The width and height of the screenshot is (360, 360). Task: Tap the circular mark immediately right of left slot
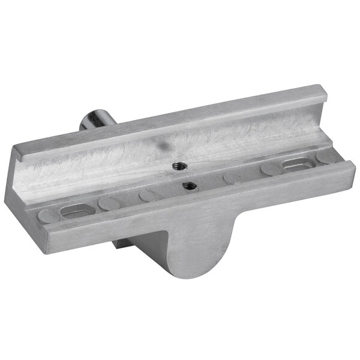click(x=109, y=204)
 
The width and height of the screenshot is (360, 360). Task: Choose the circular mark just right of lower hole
click(x=230, y=178)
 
